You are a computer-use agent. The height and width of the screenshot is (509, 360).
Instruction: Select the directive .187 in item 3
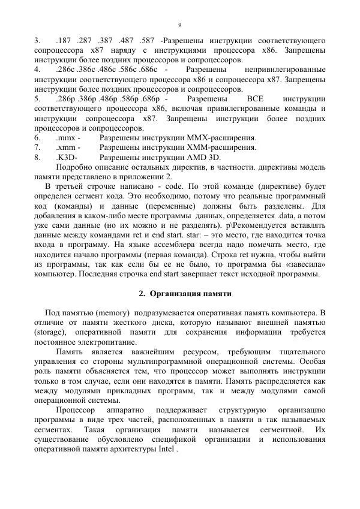pos(62,40)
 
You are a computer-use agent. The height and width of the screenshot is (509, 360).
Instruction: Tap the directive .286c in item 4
pos(64,70)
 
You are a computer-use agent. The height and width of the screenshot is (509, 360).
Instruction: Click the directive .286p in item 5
pos(65,98)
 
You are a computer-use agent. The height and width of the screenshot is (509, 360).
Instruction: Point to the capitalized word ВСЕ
pos(255,98)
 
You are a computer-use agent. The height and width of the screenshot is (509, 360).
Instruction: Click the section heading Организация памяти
pos(185,294)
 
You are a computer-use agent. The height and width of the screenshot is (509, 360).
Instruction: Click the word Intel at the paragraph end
pos(166,448)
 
